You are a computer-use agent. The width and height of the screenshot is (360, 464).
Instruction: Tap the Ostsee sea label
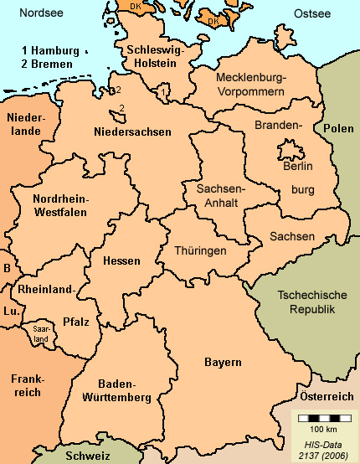pyautogui.click(x=313, y=14)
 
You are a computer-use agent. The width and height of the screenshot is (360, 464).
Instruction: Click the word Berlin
pyautogui.click(x=298, y=167)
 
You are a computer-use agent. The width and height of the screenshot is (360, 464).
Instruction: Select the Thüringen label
pyautogui.click(x=200, y=250)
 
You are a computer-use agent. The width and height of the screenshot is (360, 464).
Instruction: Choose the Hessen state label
pyautogui.click(x=121, y=260)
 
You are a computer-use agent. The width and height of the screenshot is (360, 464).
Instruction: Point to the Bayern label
pyautogui.click(x=223, y=362)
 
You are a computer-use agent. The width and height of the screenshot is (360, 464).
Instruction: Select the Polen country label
pyautogui.click(x=339, y=129)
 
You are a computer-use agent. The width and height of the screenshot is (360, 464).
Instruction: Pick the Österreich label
pyautogui.click(x=327, y=395)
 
